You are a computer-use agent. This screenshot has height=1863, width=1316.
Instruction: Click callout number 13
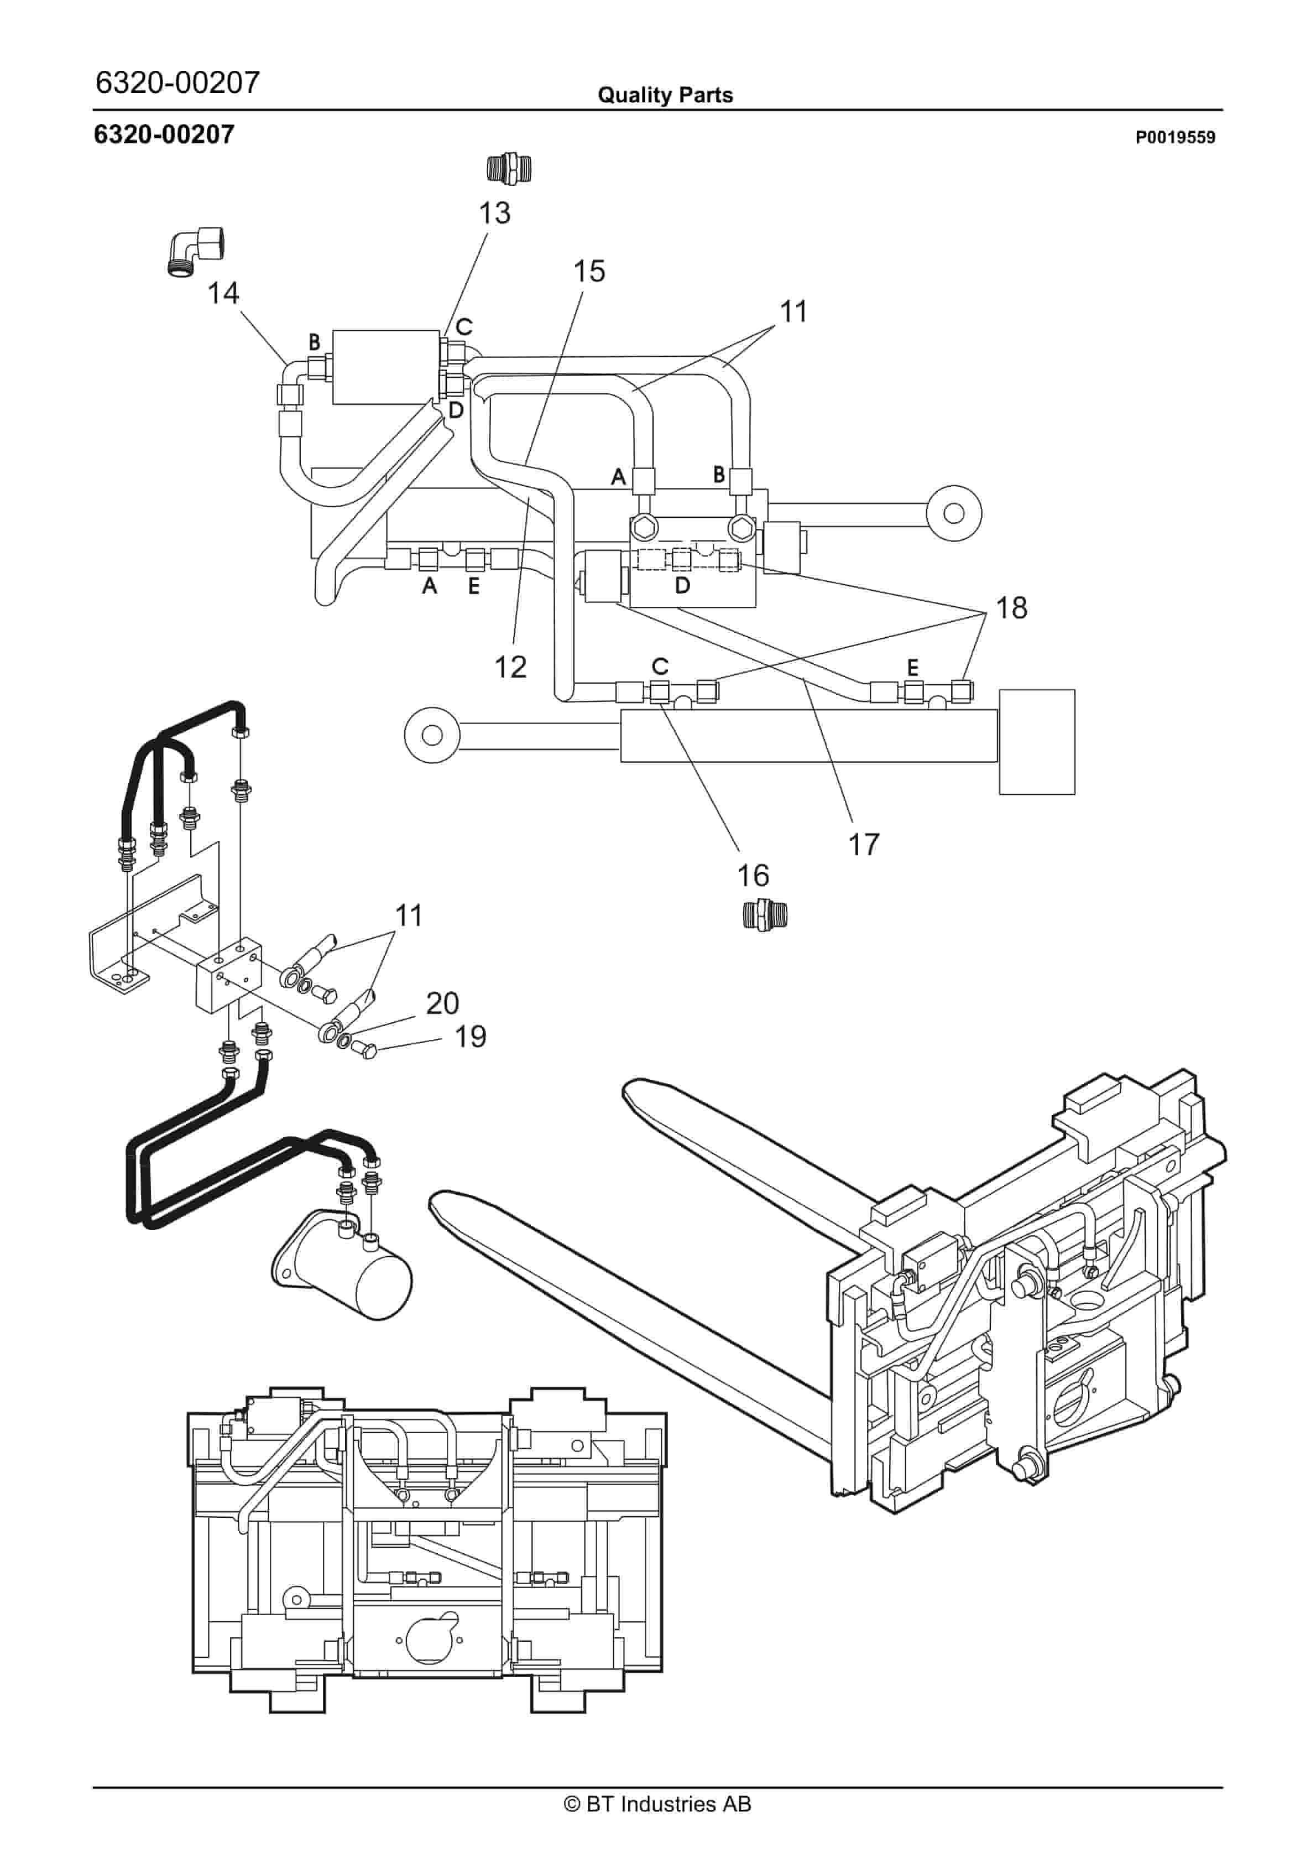[494, 214]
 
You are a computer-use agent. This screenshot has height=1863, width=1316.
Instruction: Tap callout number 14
[223, 293]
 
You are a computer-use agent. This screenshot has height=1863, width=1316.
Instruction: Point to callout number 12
[510, 667]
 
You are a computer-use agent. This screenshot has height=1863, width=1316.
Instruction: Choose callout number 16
[753, 876]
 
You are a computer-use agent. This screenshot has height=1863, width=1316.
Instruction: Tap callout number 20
[442, 1004]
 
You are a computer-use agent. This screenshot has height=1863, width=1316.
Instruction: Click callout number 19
[470, 1036]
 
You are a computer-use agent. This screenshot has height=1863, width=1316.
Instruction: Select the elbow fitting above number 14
[196, 251]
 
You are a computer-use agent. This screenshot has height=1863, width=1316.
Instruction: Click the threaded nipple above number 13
[509, 168]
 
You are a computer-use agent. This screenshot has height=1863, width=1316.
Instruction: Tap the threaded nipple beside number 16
[765, 915]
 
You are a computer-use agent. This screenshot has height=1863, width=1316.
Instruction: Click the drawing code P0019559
[1175, 137]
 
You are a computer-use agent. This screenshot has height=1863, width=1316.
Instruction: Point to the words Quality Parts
[665, 95]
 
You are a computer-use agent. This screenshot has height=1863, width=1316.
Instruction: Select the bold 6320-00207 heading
[164, 134]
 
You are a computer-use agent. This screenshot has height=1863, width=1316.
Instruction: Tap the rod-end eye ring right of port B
[954, 513]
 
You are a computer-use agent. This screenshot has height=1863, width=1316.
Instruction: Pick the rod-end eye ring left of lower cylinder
[432, 735]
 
